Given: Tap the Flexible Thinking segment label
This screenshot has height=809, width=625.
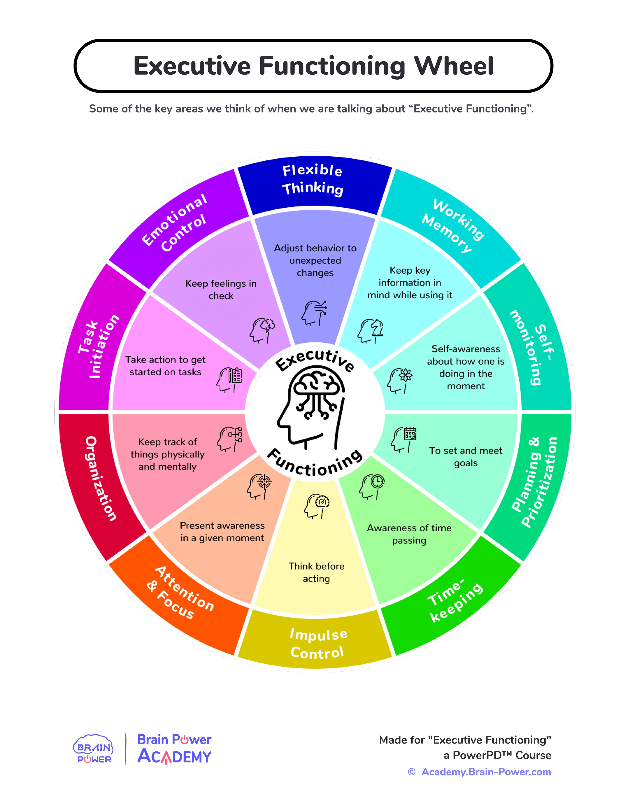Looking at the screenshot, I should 313,180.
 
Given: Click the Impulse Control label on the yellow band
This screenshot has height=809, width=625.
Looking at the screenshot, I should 318,644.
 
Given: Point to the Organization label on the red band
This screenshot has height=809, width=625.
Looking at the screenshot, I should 101,478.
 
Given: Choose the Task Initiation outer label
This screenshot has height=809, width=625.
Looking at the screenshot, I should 98,346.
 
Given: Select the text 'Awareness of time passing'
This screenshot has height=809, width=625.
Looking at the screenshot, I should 409,534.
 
